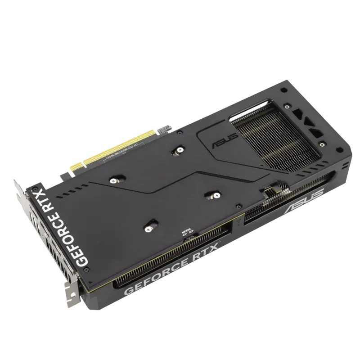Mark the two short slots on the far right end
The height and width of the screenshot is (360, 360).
point(345,166)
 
